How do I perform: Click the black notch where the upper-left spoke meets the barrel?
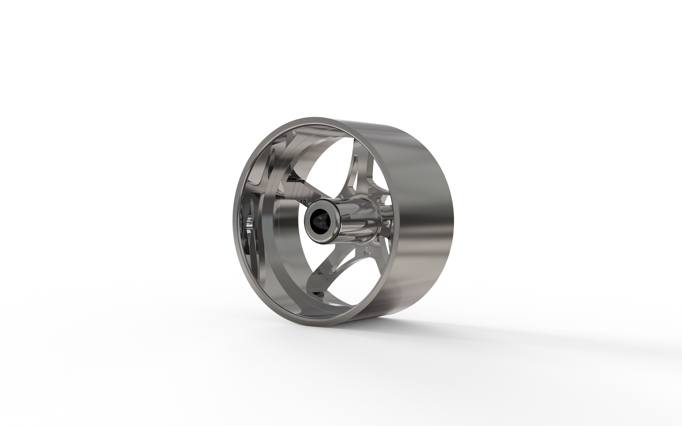pyautogui.click(x=293, y=179)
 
